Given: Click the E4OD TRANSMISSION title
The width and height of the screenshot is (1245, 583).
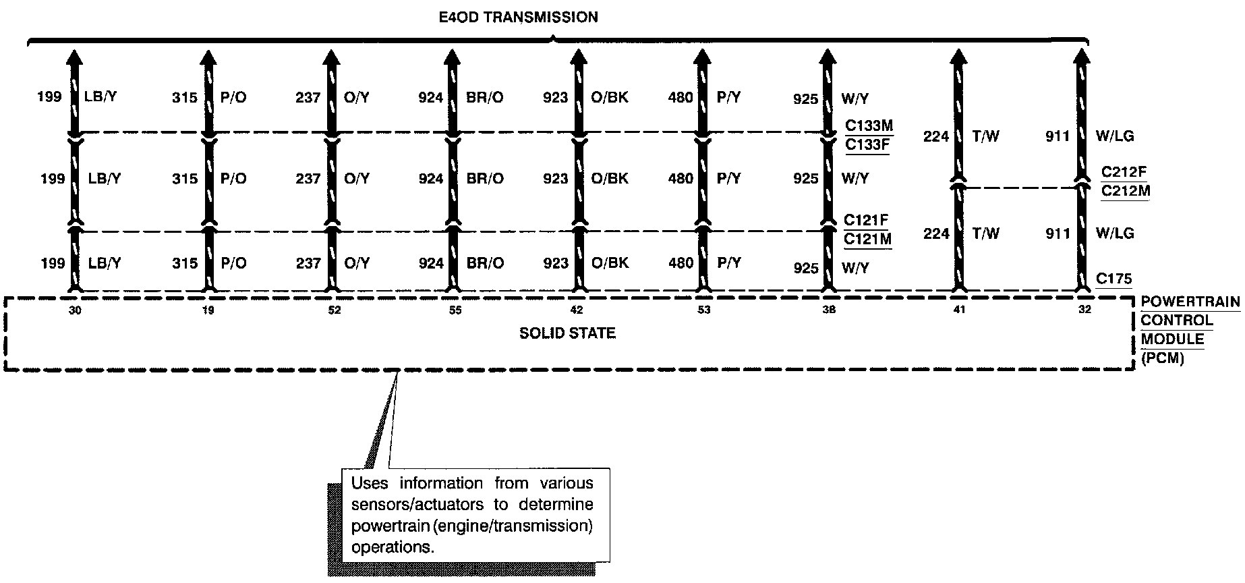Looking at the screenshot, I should click(x=518, y=17).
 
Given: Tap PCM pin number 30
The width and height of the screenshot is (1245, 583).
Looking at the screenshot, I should click(x=75, y=310).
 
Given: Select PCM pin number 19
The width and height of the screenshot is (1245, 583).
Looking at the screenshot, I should click(x=208, y=310).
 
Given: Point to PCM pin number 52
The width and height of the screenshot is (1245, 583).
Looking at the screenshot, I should click(x=334, y=310).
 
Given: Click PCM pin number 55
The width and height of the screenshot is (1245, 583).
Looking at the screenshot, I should click(x=456, y=310).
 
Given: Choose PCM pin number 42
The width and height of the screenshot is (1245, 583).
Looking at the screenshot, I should click(x=577, y=310).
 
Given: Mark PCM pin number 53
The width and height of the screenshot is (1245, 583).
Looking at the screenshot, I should click(x=704, y=310).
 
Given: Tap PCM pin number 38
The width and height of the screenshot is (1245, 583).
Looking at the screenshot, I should click(x=829, y=310).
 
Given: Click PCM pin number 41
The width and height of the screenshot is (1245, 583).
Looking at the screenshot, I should click(x=959, y=310).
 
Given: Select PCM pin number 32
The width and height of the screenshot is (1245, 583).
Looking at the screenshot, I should click(x=1084, y=310).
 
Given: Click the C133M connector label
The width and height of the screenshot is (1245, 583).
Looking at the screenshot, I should click(x=869, y=126).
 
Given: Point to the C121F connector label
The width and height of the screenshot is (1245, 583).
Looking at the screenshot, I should click(x=867, y=220).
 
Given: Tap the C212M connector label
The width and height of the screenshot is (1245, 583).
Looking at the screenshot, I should click(x=1125, y=191).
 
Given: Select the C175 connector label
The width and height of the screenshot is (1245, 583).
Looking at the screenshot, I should click(x=1113, y=279).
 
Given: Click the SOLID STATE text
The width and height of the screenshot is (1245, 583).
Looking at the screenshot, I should click(x=567, y=333).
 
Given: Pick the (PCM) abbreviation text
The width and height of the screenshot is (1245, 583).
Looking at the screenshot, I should click(x=1162, y=359).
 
